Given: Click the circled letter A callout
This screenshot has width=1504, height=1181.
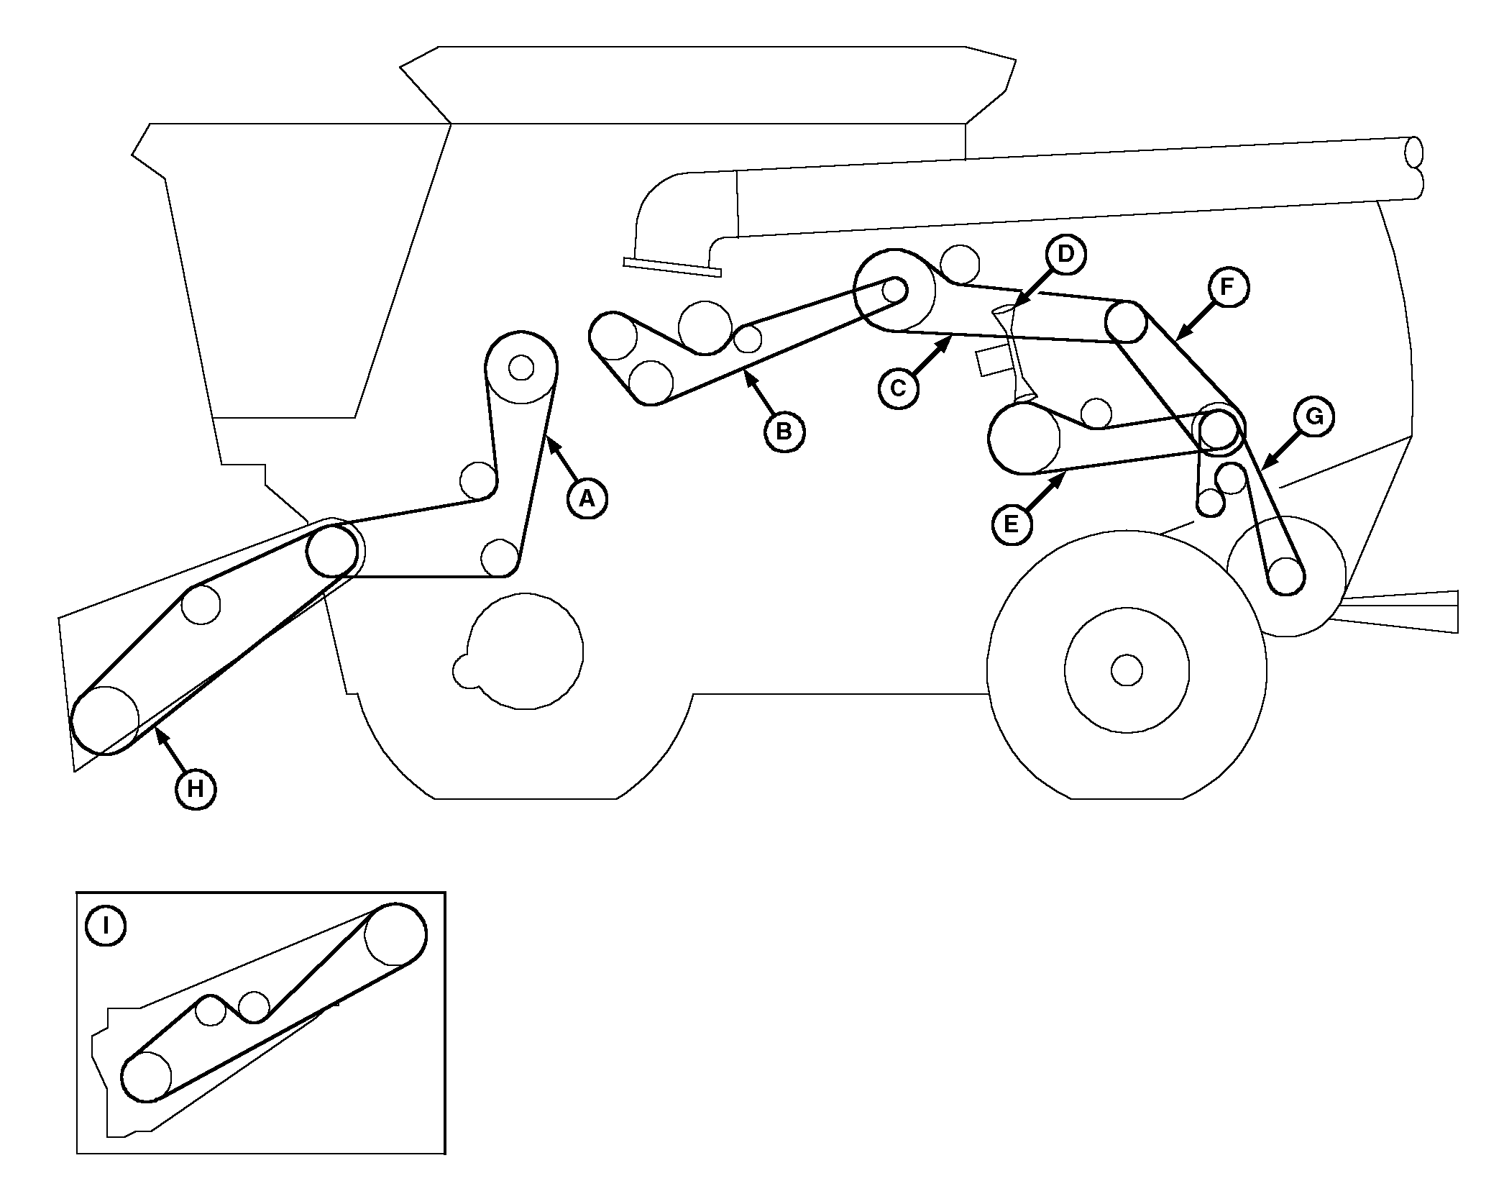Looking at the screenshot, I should (587, 498).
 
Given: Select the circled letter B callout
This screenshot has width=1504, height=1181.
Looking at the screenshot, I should (784, 432).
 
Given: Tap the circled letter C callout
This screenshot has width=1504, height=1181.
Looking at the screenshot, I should (898, 388).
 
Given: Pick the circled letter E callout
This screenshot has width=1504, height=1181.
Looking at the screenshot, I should (1012, 524).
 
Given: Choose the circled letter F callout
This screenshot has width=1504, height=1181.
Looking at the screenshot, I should (1228, 287).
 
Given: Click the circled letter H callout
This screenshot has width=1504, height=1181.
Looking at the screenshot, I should (196, 789).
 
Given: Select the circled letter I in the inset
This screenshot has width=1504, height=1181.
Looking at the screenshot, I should (106, 925).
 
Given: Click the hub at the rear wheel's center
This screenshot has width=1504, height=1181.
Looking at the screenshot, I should (1127, 670).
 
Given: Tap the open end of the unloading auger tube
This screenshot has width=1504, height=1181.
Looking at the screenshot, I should (1413, 152).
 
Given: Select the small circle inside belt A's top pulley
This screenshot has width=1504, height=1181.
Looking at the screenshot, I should (521, 368).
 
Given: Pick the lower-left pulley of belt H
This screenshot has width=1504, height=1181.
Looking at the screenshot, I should (105, 720).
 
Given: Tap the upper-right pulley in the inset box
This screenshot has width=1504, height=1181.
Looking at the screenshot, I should (395, 934).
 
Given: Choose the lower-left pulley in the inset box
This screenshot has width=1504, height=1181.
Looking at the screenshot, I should (147, 1077).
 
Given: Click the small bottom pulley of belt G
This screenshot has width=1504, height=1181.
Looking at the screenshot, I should (1286, 577).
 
